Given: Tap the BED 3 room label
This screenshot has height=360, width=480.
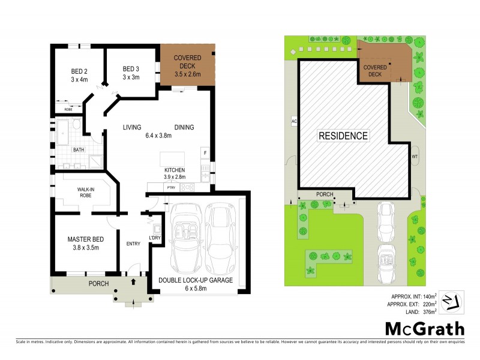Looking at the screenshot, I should click(x=131, y=68).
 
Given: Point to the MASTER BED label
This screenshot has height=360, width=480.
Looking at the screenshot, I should click(x=85, y=239).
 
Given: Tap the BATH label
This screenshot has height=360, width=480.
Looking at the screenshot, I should click(x=78, y=150).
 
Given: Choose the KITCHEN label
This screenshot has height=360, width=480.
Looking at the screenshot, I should click(x=175, y=170).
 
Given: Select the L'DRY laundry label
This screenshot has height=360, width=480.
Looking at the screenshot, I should click(x=155, y=238).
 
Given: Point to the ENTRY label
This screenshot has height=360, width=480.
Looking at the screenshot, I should click(x=133, y=244).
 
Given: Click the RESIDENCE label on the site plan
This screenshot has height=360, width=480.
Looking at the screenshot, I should click(x=343, y=136).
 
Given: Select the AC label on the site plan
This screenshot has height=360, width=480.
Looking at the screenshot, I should click(x=294, y=121).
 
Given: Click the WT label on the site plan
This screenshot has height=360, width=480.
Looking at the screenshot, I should click(x=414, y=157).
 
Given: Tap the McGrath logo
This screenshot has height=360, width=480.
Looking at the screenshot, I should click(x=425, y=328).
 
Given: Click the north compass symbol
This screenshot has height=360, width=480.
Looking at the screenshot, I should click(x=452, y=300).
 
